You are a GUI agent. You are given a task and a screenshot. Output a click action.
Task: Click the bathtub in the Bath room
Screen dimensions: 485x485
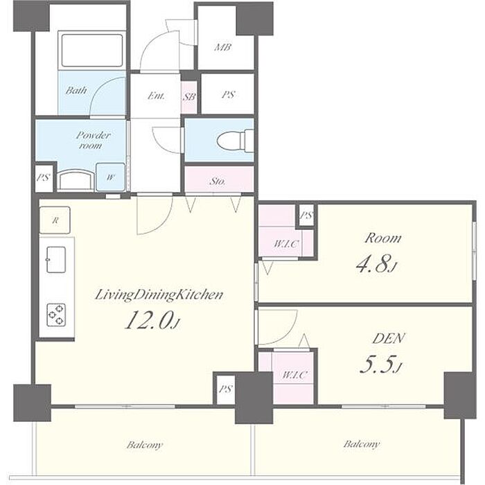click(92, 51)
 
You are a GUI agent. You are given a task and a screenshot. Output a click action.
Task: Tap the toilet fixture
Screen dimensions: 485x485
click(235, 141)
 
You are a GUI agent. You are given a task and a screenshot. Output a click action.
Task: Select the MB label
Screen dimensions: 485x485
click(223, 47)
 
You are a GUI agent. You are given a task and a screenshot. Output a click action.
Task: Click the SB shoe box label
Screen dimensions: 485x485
click(189, 97)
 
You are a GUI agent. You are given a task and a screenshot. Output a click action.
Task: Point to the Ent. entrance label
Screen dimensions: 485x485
click(156, 96)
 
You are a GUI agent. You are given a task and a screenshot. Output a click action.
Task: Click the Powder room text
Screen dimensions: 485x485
click(92, 140)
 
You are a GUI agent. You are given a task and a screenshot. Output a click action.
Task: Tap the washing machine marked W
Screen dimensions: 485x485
click(110, 177)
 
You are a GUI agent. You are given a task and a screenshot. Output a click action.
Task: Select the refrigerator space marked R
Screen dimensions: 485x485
click(55, 220)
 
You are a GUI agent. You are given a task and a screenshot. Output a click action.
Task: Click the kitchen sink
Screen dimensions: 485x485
click(56, 260)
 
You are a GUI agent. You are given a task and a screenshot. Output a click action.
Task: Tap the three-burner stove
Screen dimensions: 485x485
click(56, 315)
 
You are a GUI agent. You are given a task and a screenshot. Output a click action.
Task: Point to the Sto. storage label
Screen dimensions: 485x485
click(218, 182)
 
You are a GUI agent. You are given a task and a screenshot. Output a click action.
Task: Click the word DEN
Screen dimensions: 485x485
click(389, 338)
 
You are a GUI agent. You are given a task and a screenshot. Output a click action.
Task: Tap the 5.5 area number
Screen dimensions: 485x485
click(381, 365)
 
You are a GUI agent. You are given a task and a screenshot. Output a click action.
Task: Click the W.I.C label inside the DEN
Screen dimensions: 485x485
click(294, 375)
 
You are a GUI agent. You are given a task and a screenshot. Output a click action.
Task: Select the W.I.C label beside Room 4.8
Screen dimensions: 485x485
click(286, 244)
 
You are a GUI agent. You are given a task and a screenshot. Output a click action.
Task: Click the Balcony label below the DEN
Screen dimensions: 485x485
click(361, 445)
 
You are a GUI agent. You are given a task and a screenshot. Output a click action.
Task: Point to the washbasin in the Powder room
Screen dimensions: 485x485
click(76, 181)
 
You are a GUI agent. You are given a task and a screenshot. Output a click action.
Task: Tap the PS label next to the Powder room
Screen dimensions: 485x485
click(43, 177)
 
